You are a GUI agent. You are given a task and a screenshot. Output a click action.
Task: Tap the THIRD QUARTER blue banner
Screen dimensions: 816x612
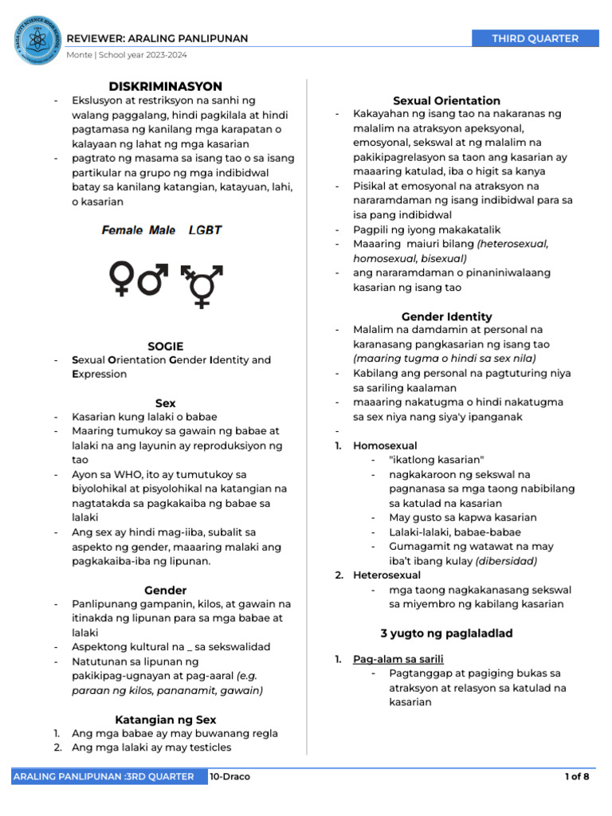click(x=535, y=38)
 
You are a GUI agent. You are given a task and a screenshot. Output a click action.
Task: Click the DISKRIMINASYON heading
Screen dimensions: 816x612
click(x=166, y=86)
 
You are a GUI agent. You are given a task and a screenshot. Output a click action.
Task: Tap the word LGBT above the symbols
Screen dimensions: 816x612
click(x=205, y=230)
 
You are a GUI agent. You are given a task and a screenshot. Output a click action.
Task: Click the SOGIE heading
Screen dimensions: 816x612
click(x=166, y=346)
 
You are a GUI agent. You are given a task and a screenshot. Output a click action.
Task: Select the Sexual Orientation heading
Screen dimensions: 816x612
click(x=446, y=100)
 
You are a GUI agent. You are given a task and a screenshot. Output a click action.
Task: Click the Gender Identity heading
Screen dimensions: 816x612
click(x=446, y=316)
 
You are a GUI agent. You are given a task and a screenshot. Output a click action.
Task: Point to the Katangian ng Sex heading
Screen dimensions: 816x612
click(x=166, y=720)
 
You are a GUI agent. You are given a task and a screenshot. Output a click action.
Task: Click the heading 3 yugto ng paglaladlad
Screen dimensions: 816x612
click(x=446, y=634)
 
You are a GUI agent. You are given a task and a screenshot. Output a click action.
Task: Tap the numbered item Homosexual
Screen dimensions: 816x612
click(x=385, y=445)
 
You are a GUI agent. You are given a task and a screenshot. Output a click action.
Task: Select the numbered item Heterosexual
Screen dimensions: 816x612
click(x=387, y=575)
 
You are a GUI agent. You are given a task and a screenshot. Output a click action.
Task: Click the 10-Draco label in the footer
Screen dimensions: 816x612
click(x=230, y=776)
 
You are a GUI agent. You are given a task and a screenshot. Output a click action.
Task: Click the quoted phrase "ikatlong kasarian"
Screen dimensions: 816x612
click(x=437, y=460)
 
